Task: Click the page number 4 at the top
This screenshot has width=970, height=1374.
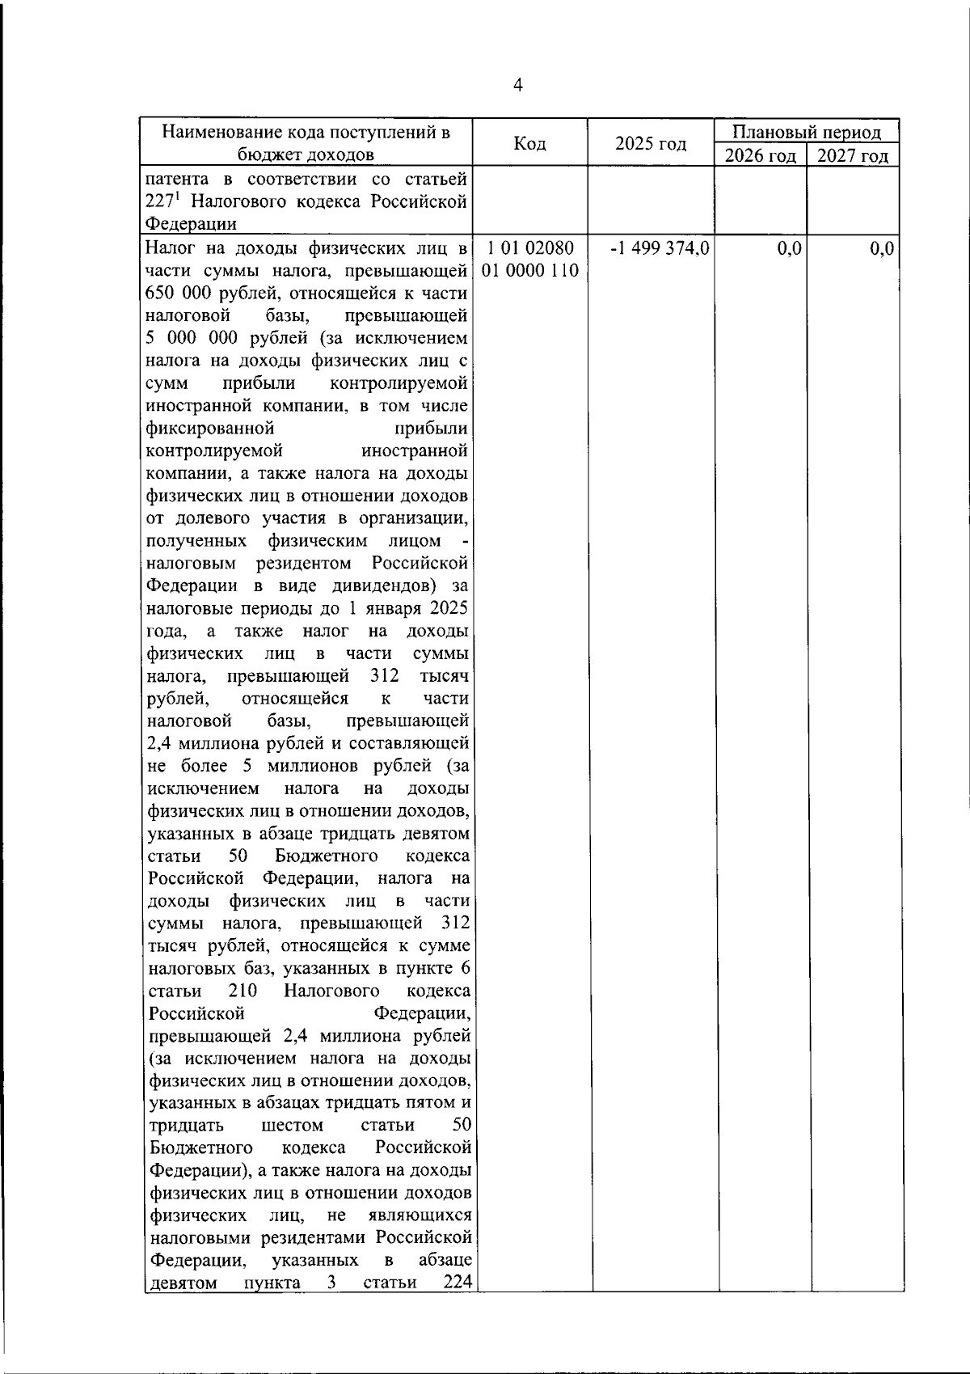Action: (518, 86)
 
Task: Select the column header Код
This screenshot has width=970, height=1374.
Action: (529, 143)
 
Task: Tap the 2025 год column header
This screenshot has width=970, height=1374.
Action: (650, 143)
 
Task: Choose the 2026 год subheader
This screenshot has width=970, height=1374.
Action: (761, 155)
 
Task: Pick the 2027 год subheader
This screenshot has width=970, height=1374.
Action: (853, 155)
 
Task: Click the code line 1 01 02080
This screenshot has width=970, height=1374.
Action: (530, 248)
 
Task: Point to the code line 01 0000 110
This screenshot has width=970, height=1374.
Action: (530, 270)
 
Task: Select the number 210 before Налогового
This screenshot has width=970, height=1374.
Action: (242, 991)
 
